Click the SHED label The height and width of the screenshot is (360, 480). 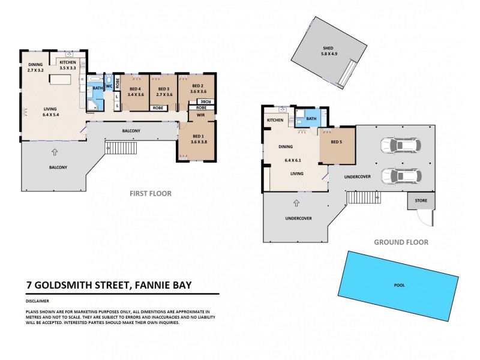tap(328, 48)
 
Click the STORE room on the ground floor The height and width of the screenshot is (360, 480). tap(418, 200)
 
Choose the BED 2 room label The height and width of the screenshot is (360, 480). tap(198, 86)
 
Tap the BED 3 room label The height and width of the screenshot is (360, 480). tap(164, 90)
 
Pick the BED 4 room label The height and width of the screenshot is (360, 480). tap(136, 90)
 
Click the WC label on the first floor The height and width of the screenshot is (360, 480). tap(109, 86)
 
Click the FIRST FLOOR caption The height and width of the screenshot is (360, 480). tap(151, 194)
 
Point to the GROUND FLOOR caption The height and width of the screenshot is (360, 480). tap(401, 242)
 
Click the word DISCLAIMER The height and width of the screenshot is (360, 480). tap(37, 301)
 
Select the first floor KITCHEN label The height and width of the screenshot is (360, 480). tap(67, 62)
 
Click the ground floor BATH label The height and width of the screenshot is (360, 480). tap(311, 119)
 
